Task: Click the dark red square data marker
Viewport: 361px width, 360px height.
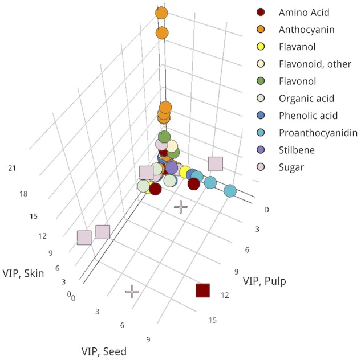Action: (202, 290)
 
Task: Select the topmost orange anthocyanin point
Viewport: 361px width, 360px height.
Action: (161, 13)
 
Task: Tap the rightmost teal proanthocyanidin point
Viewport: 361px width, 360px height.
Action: (230, 191)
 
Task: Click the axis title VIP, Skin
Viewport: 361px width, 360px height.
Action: (24, 271)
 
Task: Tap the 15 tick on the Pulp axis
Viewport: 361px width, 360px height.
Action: (212, 320)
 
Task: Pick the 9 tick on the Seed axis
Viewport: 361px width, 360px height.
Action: (148, 340)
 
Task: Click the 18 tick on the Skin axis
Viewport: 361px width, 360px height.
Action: (23, 194)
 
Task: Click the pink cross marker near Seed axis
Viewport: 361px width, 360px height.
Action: (132, 292)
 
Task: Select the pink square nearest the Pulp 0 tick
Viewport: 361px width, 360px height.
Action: (215, 165)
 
